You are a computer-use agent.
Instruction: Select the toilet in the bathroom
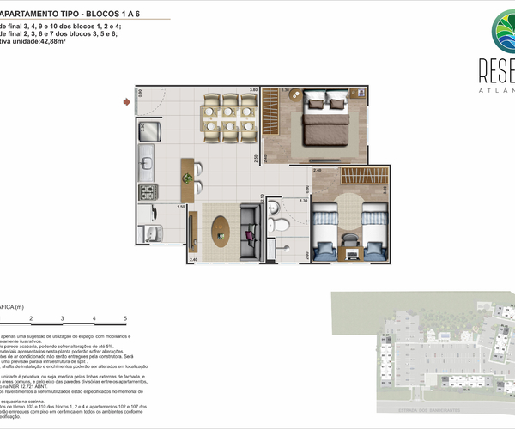click(280, 226)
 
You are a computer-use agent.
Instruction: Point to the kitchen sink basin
click(146, 160)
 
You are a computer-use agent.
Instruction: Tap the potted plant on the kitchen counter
click(185, 178)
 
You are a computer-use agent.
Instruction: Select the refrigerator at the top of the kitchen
click(148, 130)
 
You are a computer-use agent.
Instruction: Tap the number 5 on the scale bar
click(124, 318)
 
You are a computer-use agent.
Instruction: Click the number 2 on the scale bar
click(30, 318)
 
